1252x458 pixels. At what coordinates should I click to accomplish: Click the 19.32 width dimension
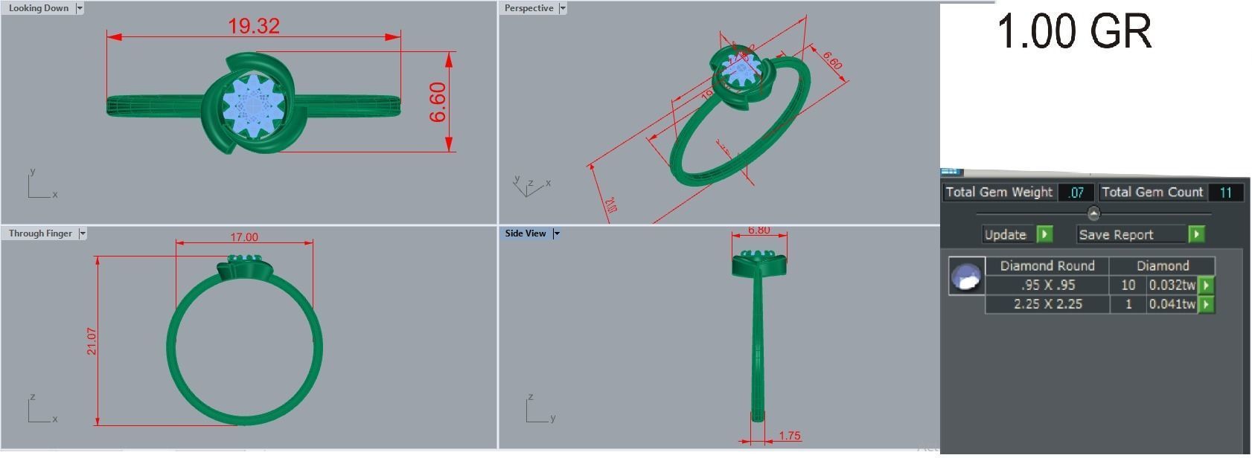click(x=254, y=26)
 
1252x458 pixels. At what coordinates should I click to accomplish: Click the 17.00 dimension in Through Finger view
click(x=244, y=237)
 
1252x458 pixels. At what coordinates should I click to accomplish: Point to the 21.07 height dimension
click(x=92, y=341)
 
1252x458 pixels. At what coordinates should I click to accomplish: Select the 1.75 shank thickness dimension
click(x=789, y=436)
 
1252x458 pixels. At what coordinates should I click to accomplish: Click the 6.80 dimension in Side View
click(x=758, y=230)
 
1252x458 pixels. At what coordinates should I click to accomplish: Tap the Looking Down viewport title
click(x=38, y=8)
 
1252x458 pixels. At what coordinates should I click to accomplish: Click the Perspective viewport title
click(x=528, y=8)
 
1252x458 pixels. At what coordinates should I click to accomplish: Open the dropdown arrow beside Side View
click(x=557, y=233)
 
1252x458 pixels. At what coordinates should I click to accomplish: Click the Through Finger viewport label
click(x=40, y=233)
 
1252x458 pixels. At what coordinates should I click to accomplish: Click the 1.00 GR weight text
click(x=1073, y=32)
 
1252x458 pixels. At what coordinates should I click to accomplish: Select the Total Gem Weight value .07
click(x=1076, y=193)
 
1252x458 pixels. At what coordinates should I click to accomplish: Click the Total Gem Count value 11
click(x=1225, y=193)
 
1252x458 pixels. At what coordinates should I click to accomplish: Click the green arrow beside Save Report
click(x=1196, y=234)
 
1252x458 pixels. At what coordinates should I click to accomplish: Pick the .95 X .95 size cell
click(x=1047, y=285)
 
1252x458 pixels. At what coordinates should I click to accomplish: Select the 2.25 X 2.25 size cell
click(x=1047, y=304)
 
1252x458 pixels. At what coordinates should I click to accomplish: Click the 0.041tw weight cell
click(x=1172, y=304)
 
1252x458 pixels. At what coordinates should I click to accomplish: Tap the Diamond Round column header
click(x=1047, y=265)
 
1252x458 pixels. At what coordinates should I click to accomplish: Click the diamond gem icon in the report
click(x=966, y=276)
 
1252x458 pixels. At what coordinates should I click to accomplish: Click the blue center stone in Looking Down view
click(x=254, y=106)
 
